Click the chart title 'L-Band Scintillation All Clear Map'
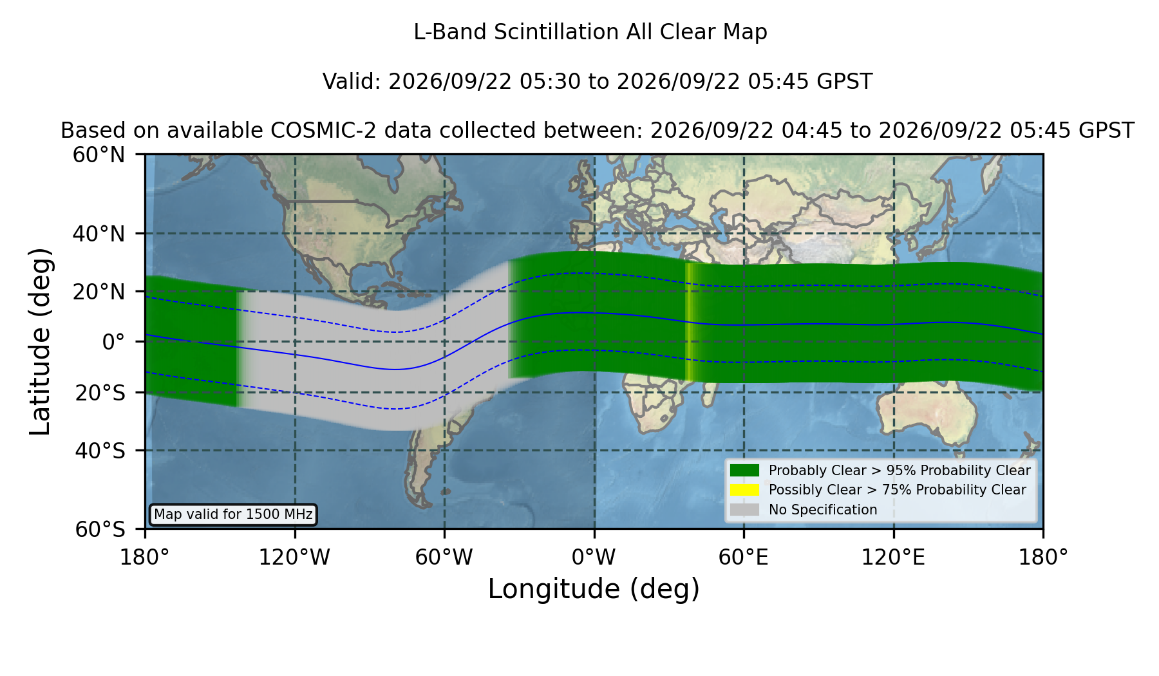(x=590, y=32)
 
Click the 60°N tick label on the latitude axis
(x=99, y=155)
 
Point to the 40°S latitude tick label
(x=100, y=451)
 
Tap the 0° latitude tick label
(x=113, y=342)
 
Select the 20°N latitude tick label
(x=99, y=292)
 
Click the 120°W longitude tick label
(x=294, y=557)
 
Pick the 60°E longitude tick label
(x=744, y=557)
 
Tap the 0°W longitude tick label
(x=594, y=557)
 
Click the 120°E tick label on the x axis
(x=894, y=557)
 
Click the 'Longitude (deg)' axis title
(x=594, y=589)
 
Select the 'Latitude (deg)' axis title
(x=41, y=341)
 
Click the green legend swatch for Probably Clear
(x=745, y=471)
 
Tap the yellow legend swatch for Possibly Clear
(x=745, y=490)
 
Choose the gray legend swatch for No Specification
(x=745, y=510)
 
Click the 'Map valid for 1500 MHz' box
(x=233, y=514)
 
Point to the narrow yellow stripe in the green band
(x=689, y=322)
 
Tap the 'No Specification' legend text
(x=823, y=510)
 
